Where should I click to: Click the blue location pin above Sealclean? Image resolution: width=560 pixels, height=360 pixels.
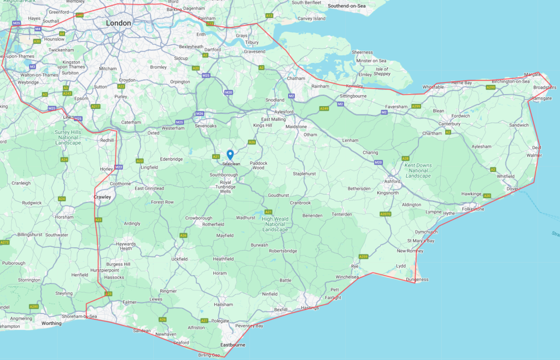tap(230, 155)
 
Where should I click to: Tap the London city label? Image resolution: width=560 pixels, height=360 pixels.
tap(119, 23)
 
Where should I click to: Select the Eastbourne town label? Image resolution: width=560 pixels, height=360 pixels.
tap(232, 345)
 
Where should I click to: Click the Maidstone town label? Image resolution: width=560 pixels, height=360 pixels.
tap(296, 127)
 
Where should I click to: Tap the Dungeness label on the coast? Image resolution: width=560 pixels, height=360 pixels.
tap(418, 280)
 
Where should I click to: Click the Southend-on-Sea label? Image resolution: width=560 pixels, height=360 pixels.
tap(347, 5)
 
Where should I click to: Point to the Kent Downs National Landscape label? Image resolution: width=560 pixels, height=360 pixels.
tap(417, 170)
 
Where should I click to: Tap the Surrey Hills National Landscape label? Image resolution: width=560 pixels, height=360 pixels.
tap(68, 137)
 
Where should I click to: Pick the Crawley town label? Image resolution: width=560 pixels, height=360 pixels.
tap(102, 197)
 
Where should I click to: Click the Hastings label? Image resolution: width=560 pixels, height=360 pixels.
tap(310, 308)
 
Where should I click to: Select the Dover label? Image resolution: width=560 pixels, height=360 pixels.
tap(512, 189)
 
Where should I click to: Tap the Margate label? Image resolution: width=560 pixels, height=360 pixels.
tap(533, 74)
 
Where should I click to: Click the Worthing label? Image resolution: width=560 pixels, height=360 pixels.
tap(51, 323)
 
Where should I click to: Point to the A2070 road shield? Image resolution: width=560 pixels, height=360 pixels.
tap(386, 214)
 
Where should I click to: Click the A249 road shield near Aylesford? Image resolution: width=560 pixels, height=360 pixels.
tap(324, 109)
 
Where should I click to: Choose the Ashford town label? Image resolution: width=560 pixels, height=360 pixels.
tap(392, 181)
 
